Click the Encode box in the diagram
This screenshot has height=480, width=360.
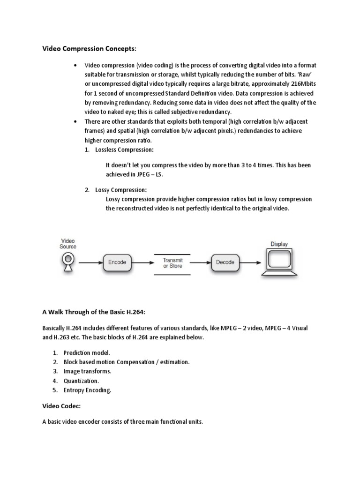117,262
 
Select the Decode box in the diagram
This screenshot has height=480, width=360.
225,262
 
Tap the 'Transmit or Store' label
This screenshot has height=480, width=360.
172,262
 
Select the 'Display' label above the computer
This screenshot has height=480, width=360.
279,244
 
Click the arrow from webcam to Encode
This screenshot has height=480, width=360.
89,262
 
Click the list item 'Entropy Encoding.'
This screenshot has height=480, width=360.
88,390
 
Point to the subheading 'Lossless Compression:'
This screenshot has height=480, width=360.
124,149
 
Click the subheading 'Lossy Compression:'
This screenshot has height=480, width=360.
120,190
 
